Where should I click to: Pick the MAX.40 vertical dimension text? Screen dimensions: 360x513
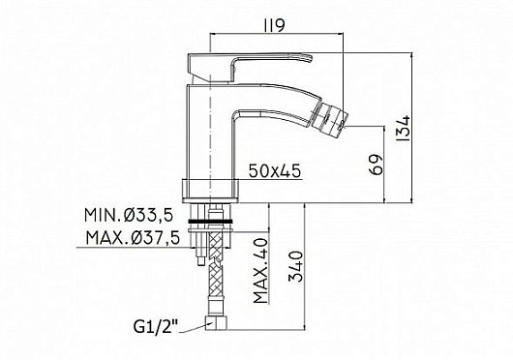pos(258,274)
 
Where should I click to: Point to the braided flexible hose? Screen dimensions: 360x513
pos(211,281)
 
